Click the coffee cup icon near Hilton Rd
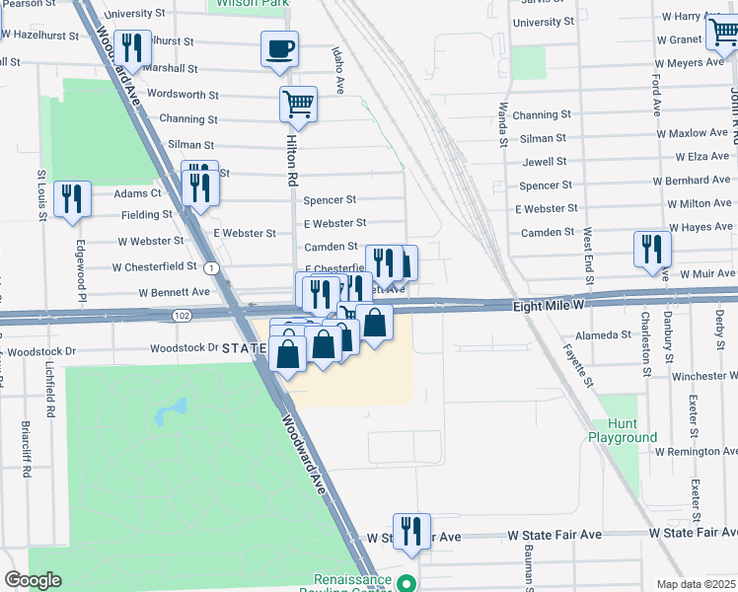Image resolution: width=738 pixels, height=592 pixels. (x=279, y=48)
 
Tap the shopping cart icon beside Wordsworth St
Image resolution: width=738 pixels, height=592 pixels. (x=298, y=103)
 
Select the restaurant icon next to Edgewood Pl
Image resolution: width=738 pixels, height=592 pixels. (x=73, y=199)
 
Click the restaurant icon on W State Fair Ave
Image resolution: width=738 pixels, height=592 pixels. (x=411, y=532)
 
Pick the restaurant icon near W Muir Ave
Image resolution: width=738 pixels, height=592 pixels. (x=652, y=249)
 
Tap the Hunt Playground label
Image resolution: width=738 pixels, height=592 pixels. (x=623, y=430)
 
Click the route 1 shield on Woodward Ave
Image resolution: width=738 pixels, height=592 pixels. (x=211, y=268)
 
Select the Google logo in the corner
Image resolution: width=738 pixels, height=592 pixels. (x=33, y=580)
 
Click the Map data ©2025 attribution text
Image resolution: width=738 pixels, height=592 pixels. (x=696, y=584)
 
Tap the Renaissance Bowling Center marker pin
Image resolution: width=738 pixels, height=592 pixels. (x=405, y=583)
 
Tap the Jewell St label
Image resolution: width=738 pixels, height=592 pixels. (x=545, y=162)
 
